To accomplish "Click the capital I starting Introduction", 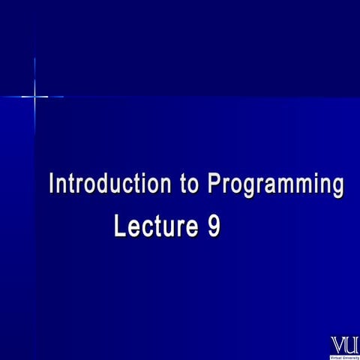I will (51, 184).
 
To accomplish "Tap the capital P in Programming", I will (213, 184).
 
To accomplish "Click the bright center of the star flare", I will (34, 96).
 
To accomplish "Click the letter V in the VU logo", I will (338, 344).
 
